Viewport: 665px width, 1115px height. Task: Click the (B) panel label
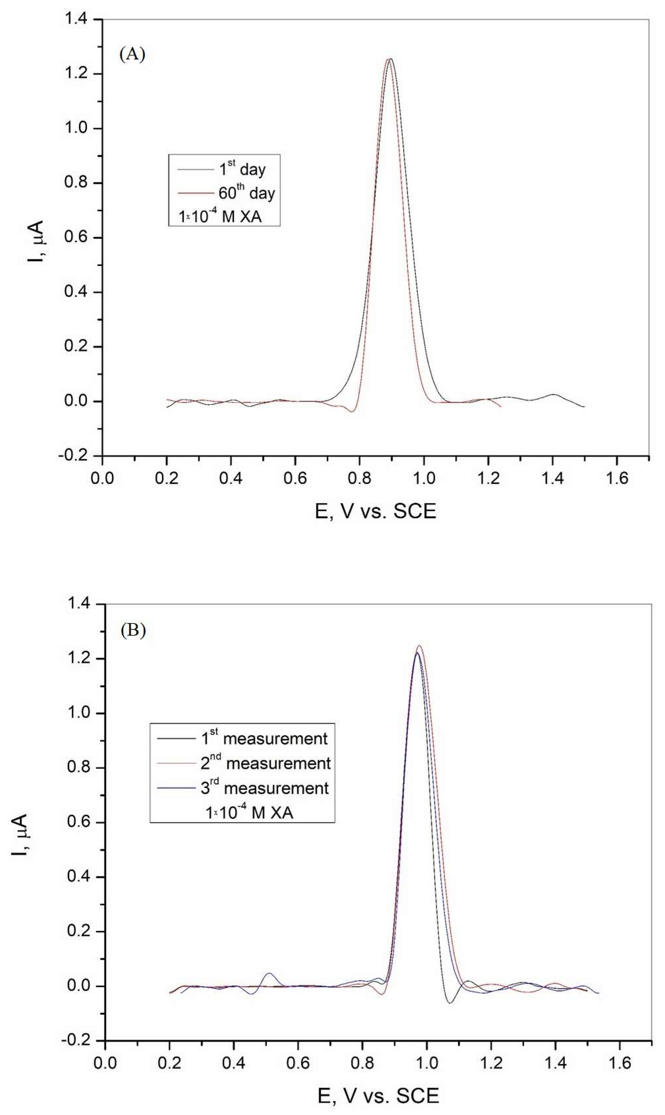point(133,631)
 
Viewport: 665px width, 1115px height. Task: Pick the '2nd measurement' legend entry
point(265,763)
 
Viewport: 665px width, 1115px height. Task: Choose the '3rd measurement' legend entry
point(264,788)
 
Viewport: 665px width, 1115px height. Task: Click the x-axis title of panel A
point(375,511)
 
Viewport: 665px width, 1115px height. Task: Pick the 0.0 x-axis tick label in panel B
point(105,1063)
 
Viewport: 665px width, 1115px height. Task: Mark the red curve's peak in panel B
point(419,646)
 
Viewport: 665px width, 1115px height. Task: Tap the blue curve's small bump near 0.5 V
point(269,973)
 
